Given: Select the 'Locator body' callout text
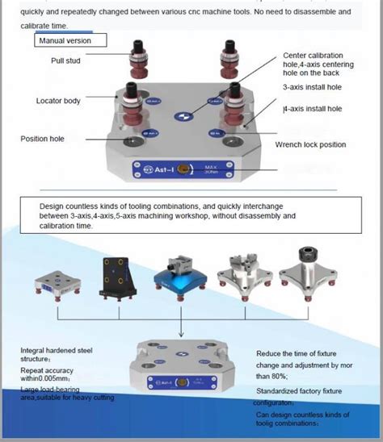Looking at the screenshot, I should point(58,101).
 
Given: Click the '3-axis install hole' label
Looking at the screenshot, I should point(313,89).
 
